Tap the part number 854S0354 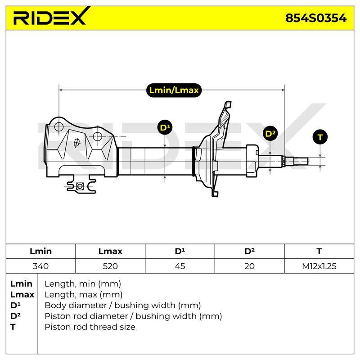(x=316, y=18)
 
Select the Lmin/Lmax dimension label (x=174, y=90)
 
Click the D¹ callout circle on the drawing (x=165, y=127)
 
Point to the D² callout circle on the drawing (x=270, y=134)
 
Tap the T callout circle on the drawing (x=320, y=137)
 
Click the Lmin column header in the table (x=40, y=251)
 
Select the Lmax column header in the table (x=110, y=251)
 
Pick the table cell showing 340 (x=40, y=266)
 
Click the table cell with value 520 (x=110, y=266)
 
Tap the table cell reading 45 (x=180, y=266)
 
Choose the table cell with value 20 (x=249, y=266)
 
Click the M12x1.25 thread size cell (x=319, y=266)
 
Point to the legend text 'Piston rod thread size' (x=90, y=327)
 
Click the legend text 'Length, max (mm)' (x=83, y=294)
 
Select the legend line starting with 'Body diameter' (x=122, y=305)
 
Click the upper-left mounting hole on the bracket (x=59, y=126)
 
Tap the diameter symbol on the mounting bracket (x=76, y=143)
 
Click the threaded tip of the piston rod (x=301, y=162)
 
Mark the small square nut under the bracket (x=80, y=186)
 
